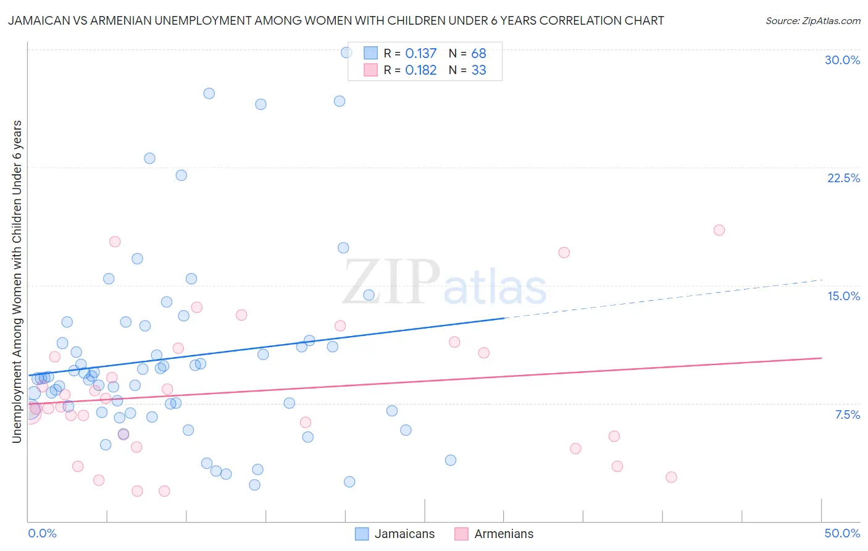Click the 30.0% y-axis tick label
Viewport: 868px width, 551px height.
[x=842, y=60]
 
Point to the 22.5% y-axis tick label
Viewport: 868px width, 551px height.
[x=843, y=178]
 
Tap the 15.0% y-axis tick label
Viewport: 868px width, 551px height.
[x=843, y=296]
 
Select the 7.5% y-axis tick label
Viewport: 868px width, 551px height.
[x=847, y=414]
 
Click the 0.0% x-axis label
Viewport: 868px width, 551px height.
[x=42, y=533]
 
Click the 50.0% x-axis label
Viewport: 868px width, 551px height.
[x=842, y=533]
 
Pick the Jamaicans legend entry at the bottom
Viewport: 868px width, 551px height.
[x=396, y=534]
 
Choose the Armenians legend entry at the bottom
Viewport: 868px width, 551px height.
[x=495, y=534]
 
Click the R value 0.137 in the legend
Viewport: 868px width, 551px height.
[x=420, y=54]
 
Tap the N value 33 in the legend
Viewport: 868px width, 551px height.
[x=478, y=70]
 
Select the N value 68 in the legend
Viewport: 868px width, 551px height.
[x=478, y=54]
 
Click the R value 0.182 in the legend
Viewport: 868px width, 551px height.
[x=420, y=70]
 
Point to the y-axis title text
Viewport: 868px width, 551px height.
[x=17, y=281]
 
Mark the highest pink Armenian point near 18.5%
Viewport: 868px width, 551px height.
[x=719, y=230]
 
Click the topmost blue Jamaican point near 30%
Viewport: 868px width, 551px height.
[x=346, y=53]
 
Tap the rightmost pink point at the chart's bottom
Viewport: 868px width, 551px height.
[x=671, y=477]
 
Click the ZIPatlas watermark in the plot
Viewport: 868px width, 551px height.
[x=444, y=283]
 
